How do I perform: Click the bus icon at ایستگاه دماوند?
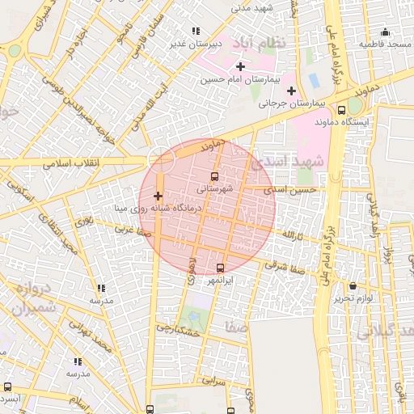point(341,109)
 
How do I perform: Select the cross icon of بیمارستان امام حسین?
point(240,65)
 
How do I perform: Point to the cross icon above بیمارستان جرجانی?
point(291,91)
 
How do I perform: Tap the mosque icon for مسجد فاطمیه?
point(386,32)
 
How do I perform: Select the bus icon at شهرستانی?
point(214,175)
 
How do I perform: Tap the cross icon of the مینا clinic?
point(158,196)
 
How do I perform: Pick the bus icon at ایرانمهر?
point(221,268)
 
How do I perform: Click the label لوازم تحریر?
point(353,298)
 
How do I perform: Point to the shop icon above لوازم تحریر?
point(353,286)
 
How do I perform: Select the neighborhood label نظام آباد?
point(260,43)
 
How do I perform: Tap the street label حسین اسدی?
point(296,189)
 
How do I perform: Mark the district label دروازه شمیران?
point(37,298)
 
